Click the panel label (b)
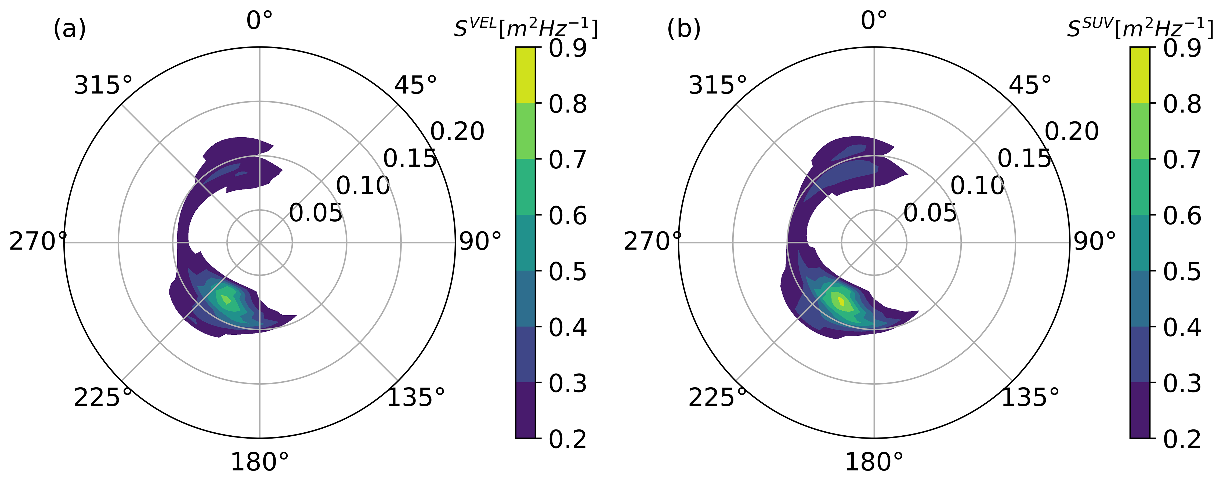[x=684, y=30]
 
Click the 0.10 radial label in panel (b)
[x=977, y=185]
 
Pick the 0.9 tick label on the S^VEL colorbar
[x=568, y=48]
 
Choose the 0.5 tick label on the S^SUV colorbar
[x=1182, y=272]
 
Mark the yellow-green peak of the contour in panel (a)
[x=226, y=299]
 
